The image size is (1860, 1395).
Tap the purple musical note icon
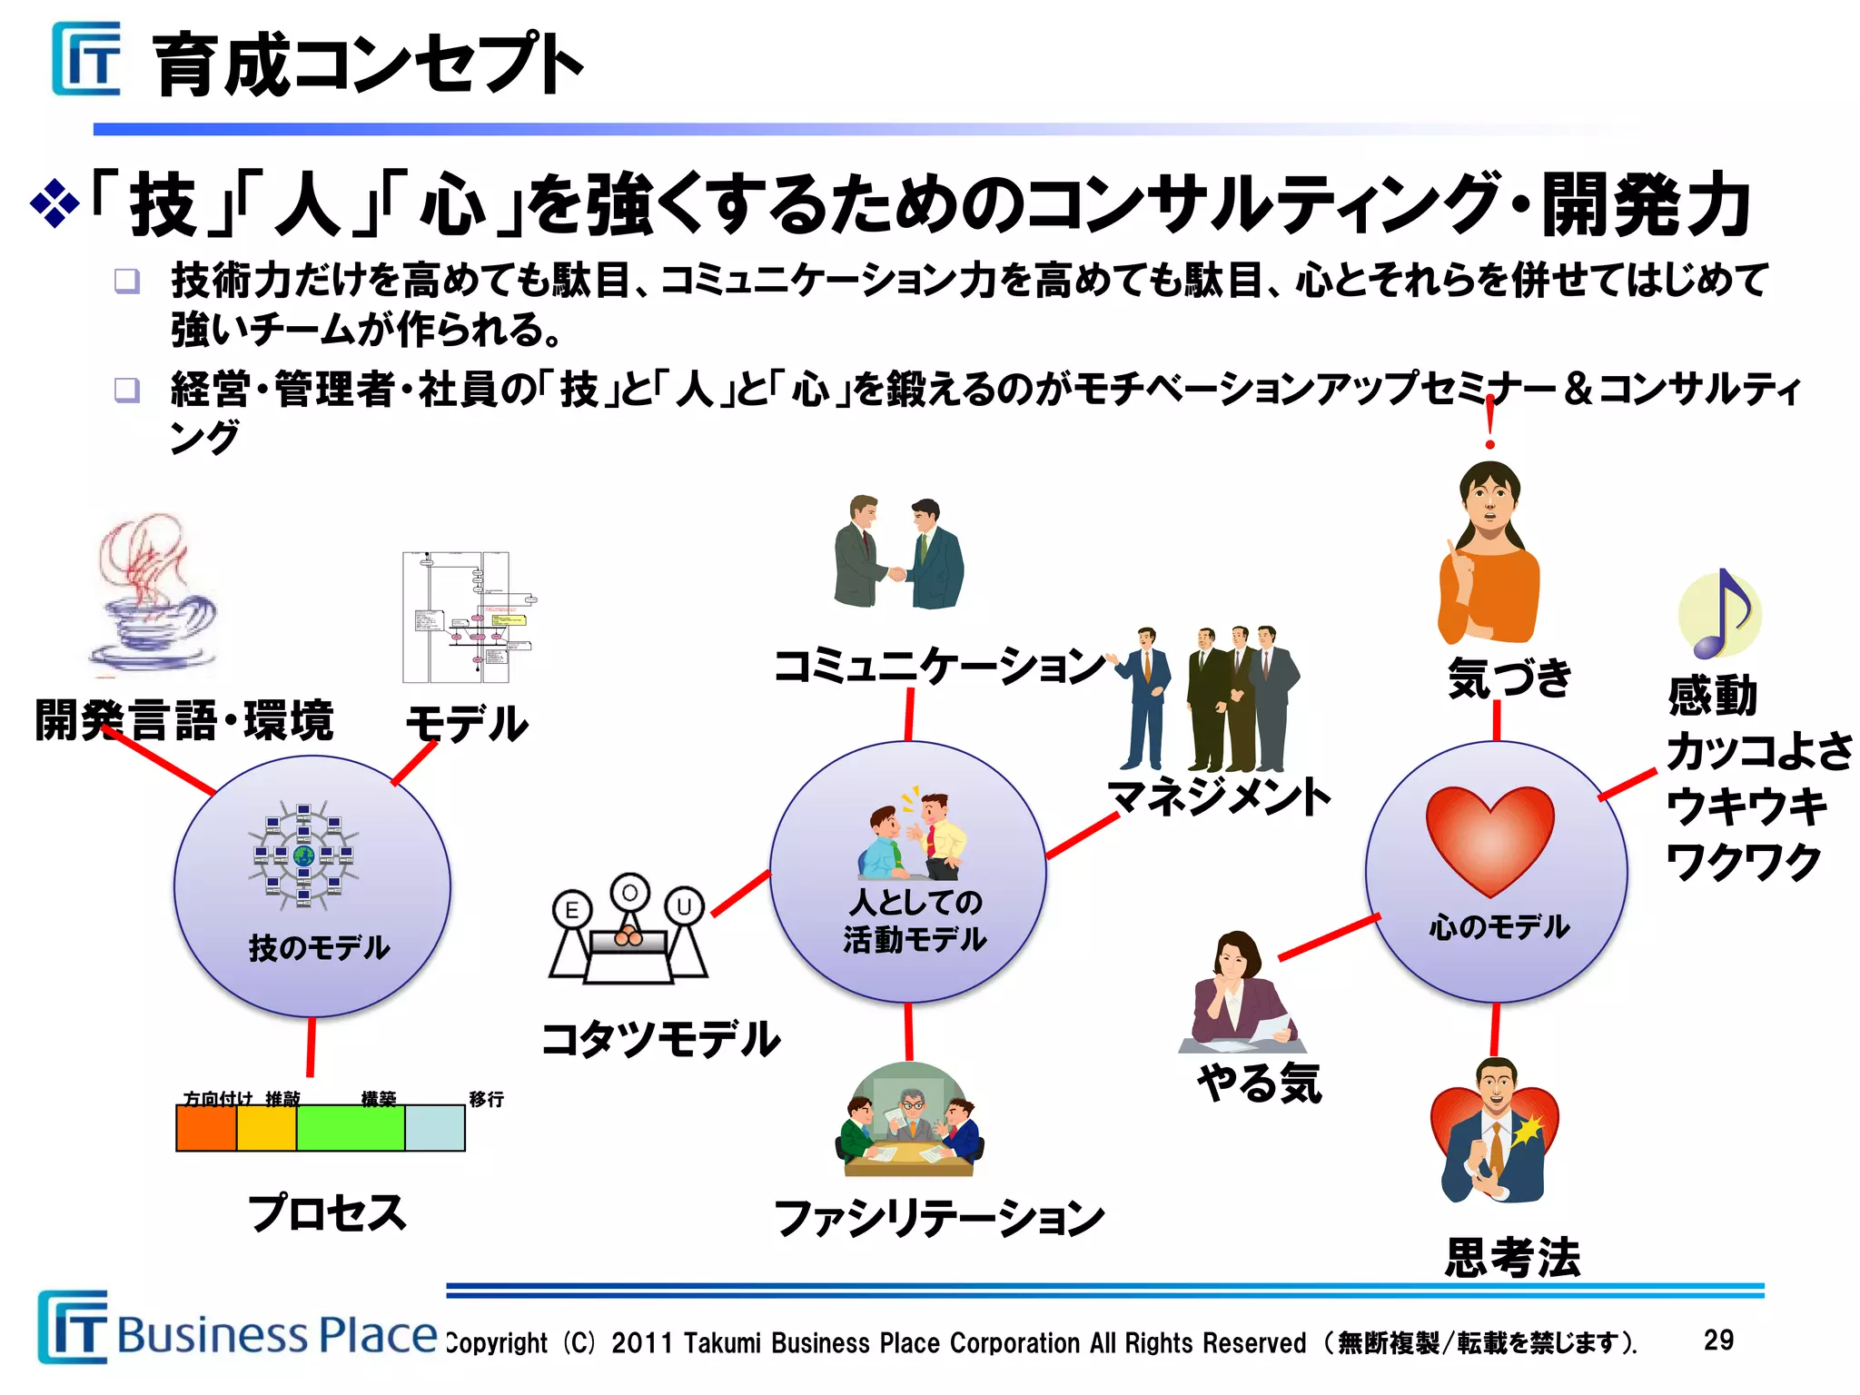point(1719,614)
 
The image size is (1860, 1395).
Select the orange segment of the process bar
point(206,1128)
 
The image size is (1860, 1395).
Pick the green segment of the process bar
point(350,1128)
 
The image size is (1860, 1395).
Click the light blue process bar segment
point(434,1128)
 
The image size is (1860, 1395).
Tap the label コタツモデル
point(660,1039)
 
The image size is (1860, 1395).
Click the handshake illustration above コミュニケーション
point(897,553)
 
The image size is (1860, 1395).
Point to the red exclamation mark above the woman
point(1489,421)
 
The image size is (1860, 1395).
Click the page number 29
point(1718,1340)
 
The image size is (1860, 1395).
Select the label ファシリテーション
point(938,1218)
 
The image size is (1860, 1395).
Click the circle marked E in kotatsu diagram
point(571,909)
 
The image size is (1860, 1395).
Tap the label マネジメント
point(1219,796)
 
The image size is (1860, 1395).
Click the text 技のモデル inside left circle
point(319,947)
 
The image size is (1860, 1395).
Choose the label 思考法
point(1512,1258)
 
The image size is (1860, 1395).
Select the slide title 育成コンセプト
point(368,64)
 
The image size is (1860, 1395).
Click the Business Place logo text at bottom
point(277,1334)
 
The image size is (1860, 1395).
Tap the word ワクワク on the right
point(1744,861)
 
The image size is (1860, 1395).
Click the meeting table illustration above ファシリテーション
point(909,1122)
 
